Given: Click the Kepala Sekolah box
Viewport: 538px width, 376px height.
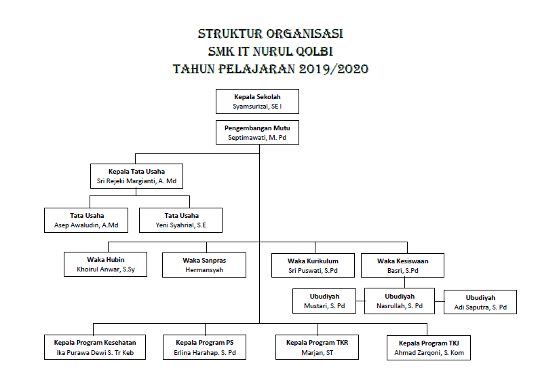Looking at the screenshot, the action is point(257,101).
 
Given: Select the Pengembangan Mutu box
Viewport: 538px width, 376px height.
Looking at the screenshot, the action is point(257,132).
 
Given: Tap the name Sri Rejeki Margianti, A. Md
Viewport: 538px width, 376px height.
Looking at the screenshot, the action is point(136,181).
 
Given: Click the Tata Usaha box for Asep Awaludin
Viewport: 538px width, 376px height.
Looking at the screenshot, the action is point(86,220).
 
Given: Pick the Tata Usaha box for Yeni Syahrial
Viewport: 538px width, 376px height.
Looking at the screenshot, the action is point(181,220).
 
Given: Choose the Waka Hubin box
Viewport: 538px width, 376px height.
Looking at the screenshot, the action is point(105,264).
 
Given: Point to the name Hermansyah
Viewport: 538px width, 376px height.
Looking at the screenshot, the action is point(204,270).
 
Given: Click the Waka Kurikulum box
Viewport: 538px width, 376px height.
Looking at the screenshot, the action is point(313,265).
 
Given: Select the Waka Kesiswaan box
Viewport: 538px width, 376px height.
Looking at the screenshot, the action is point(402,265).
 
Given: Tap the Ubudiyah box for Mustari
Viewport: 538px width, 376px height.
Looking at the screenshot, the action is point(324,301).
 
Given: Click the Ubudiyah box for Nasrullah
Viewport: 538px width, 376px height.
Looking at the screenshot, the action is point(400,301).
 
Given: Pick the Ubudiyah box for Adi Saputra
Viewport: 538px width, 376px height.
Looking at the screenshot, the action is point(480,302).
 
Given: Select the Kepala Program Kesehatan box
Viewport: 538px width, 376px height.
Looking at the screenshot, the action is point(95,347).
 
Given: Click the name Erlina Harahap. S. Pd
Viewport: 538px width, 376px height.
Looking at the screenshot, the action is point(205,353).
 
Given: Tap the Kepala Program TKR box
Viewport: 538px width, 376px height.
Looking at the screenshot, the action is point(317,347).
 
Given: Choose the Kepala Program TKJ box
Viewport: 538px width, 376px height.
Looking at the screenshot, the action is point(429,348).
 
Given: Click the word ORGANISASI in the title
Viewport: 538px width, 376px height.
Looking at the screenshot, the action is point(305,34).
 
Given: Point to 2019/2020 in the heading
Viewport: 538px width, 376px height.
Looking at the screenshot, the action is point(334,69).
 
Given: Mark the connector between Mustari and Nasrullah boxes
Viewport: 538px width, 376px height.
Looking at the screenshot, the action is point(360,301).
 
